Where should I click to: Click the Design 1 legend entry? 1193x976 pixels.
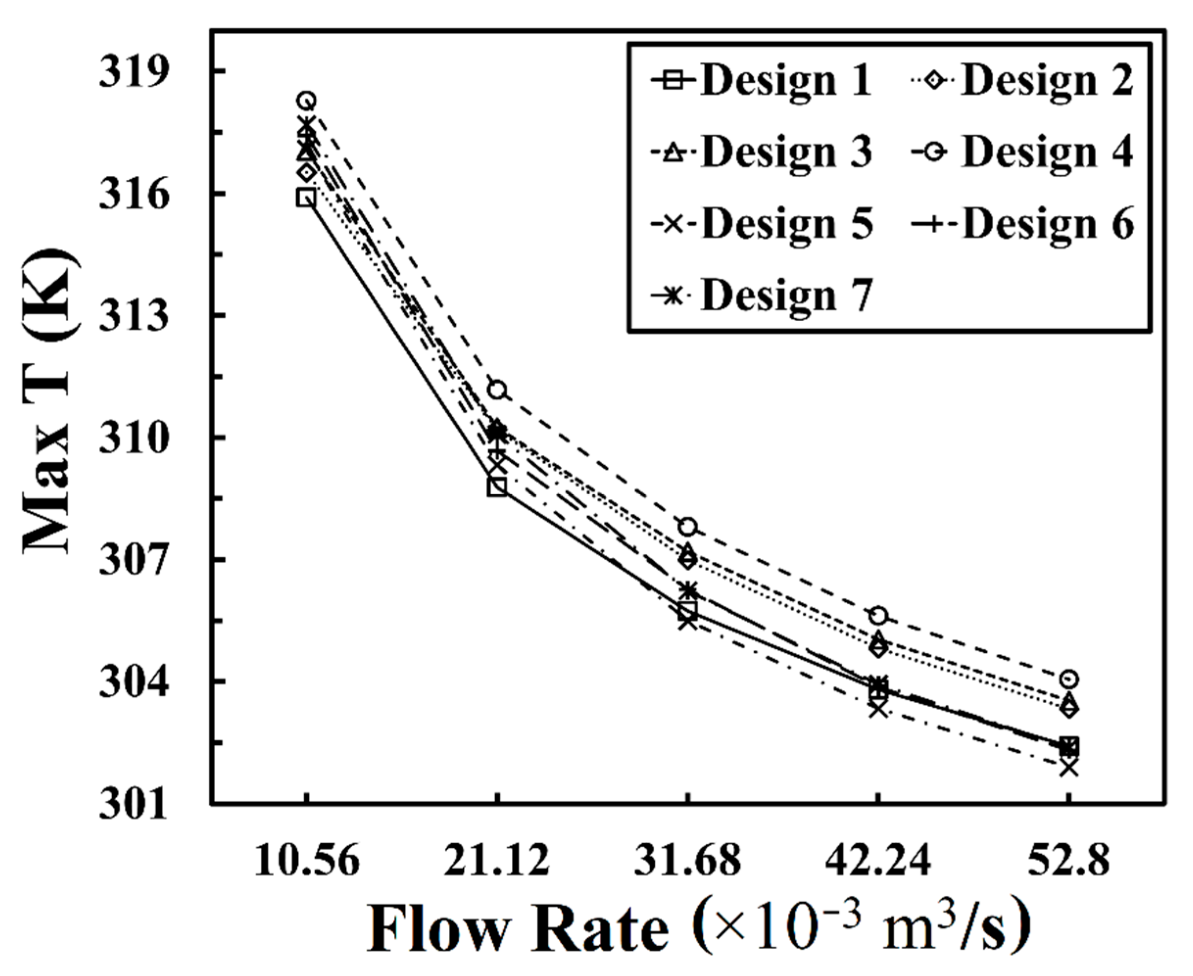click(762, 80)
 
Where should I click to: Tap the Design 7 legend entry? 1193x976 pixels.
click(762, 295)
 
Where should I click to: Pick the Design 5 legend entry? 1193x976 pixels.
click(762, 224)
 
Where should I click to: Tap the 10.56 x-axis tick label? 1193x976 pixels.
click(307, 861)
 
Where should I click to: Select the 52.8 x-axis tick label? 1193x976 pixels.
click(1069, 861)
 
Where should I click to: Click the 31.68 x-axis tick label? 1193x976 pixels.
click(688, 861)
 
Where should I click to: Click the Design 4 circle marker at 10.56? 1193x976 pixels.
click(307, 100)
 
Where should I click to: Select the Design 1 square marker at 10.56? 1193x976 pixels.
click(307, 197)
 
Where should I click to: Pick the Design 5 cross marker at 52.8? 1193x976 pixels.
click(1069, 767)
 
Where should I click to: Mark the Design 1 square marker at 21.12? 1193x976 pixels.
click(497, 486)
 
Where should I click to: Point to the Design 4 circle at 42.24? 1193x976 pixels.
click(878, 616)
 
